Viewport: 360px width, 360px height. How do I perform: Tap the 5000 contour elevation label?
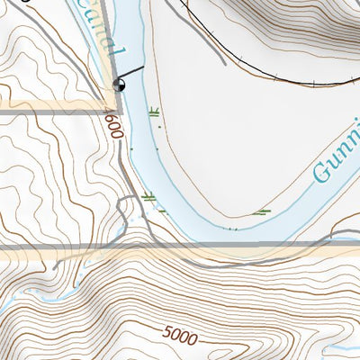tap(180, 336)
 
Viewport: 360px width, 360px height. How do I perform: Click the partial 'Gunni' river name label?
tap(337, 157)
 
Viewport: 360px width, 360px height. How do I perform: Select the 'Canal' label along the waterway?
tap(112, 40)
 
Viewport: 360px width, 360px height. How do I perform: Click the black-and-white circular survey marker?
tap(119, 85)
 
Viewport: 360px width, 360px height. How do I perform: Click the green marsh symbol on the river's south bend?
tap(261, 212)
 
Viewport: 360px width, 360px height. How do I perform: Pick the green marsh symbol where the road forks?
tap(148, 197)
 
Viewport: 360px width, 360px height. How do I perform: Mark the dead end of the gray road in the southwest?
tap(56, 266)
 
